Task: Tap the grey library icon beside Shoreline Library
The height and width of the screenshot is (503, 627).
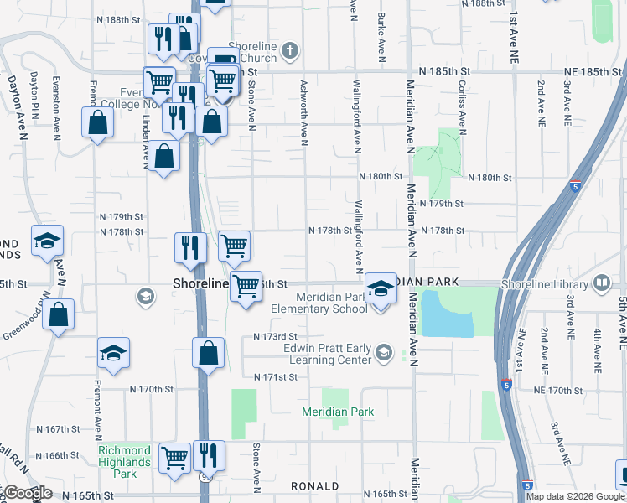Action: (x=601, y=283)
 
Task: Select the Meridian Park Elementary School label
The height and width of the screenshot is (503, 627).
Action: (x=331, y=303)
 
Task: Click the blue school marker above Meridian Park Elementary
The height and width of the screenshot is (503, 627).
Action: (x=381, y=289)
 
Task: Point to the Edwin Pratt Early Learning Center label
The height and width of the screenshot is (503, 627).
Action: (x=327, y=354)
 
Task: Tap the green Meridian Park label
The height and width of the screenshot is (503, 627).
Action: (x=339, y=412)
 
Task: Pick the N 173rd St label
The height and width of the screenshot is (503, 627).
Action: (x=276, y=337)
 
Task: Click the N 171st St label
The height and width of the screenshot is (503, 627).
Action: (x=276, y=378)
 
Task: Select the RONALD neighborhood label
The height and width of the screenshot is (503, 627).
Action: (x=314, y=486)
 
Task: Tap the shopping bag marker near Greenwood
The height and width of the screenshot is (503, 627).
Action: (x=58, y=316)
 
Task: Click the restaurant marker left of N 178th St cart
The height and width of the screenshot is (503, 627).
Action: (x=190, y=248)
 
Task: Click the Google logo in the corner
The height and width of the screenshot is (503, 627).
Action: (x=27, y=494)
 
